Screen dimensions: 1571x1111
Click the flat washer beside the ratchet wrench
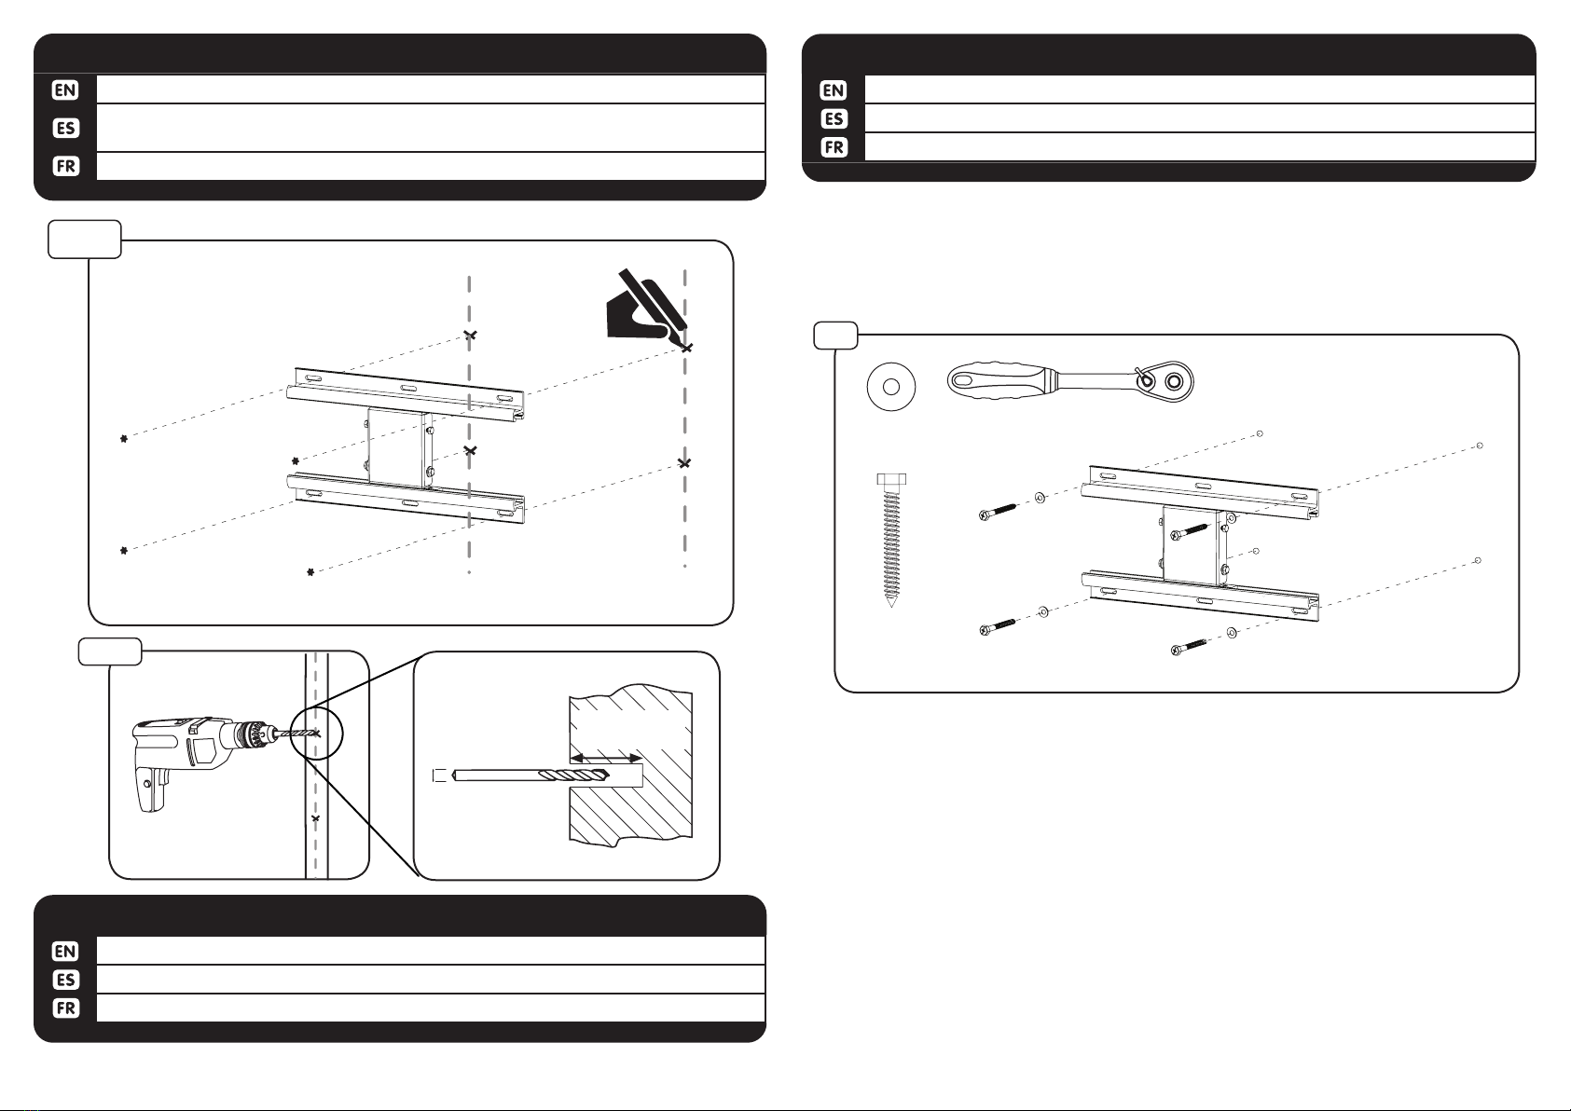pos(891,387)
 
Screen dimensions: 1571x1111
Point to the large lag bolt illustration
pos(891,540)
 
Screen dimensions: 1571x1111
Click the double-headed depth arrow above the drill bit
pos(605,758)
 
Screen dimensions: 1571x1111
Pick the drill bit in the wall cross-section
pos(531,775)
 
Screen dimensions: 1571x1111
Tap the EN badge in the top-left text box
pos(65,89)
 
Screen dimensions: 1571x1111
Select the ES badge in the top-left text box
pos(65,128)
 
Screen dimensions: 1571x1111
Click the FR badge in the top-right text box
pos(834,147)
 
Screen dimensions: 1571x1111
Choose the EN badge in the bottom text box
pos(65,952)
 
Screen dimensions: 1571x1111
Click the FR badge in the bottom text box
pos(65,1008)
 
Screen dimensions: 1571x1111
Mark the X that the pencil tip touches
pos(687,347)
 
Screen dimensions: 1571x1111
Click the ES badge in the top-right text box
pos(834,118)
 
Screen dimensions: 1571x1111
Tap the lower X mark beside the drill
pos(316,818)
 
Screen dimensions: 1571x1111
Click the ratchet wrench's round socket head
pos(1173,382)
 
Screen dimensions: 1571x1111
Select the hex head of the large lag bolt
pos(891,480)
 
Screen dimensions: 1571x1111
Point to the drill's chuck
pos(249,734)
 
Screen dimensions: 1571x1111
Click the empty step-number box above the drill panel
pos(109,652)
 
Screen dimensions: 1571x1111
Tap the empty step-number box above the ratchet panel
pos(835,335)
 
